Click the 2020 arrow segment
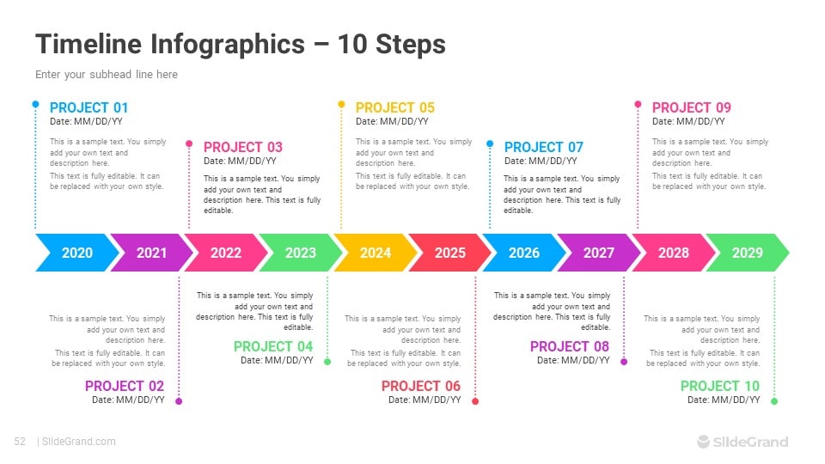click(x=76, y=253)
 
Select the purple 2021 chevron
click(x=151, y=253)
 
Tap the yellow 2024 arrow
click(x=376, y=253)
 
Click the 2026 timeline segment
click(x=524, y=253)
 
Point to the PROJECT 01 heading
click(x=89, y=108)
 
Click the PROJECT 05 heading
click(x=395, y=108)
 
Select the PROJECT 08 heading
click(x=569, y=346)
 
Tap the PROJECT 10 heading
click(x=720, y=386)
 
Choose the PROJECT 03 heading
click(x=243, y=147)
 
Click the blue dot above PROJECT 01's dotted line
click(x=35, y=104)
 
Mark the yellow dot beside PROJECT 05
click(x=341, y=104)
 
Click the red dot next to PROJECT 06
click(x=475, y=401)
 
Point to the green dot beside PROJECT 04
click(x=327, y=362)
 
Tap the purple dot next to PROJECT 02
click(x=179, y=401)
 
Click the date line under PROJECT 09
click(x=688, y=121)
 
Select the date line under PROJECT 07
click(x=541, y=161)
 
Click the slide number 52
click(x=20, y=442)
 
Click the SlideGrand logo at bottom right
click(x=742, y=442)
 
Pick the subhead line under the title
click(x=107, y=75)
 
